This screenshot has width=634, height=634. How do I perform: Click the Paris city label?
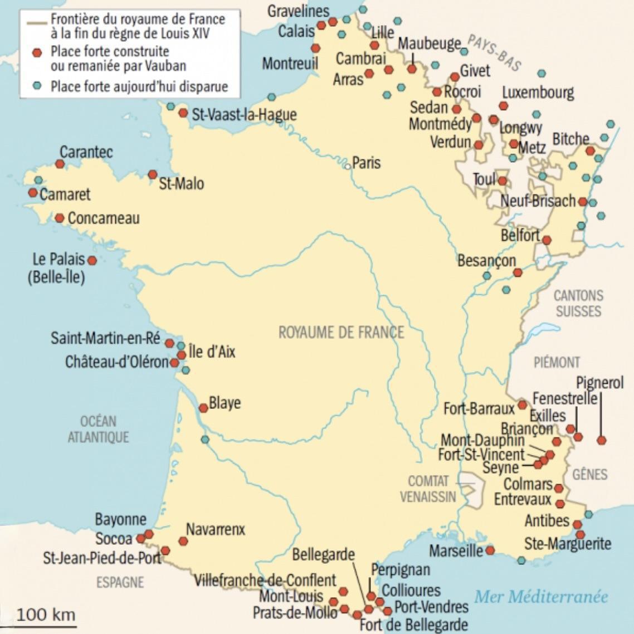coord(367,163)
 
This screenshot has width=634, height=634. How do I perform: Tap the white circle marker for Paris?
coord(348,165)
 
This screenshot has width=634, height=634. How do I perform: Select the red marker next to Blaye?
coord(203,408)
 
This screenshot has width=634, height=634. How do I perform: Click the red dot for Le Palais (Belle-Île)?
coord(92,260)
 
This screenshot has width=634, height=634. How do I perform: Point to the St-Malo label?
coord(182,183)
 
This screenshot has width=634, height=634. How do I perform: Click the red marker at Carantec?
coord(60,164)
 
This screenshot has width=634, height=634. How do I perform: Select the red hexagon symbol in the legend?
coord(37,53)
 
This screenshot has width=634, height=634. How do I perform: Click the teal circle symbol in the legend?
coord(37,86)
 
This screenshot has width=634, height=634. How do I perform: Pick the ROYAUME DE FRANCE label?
coord(341,333)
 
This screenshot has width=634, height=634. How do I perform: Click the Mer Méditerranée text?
coord(540,597)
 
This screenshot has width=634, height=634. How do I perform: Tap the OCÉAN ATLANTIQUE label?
coord(98,429)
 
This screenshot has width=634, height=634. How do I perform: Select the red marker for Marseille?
coord(490,550)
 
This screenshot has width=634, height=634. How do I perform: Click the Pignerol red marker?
coord(601,440)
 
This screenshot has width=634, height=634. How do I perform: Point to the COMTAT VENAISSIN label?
coord(428,489)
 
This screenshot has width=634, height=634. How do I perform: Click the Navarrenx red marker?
coord(183,541)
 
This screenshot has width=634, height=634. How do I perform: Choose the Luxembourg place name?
coord(538,92)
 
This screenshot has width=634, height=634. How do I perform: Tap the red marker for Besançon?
coord(518,272)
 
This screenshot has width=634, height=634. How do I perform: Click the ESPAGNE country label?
coord(120,582)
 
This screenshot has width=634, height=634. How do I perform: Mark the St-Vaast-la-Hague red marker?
coord(183,113)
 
